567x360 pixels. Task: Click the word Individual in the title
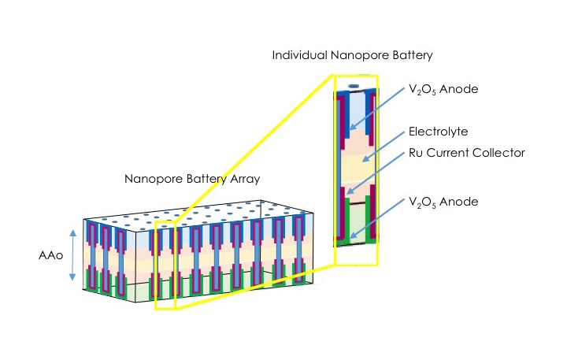coord(298,56)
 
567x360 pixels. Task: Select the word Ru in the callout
coord(415,153)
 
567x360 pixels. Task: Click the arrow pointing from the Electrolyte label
coord(382,149)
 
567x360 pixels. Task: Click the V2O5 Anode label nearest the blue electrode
coord(443,90)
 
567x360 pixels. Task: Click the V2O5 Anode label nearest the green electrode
coord(443,202)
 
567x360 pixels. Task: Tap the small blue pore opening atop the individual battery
coord(354,84)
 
